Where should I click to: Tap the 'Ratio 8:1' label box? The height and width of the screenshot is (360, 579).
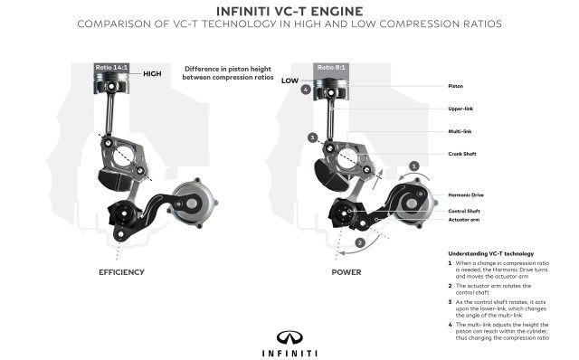point(330,67)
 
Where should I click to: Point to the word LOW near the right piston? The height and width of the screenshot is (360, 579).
point(289,81)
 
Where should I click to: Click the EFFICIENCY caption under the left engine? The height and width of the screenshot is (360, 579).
point(122,270)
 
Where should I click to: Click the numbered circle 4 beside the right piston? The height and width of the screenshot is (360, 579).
point(307,90)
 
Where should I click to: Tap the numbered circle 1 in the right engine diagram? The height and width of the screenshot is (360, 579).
point(413,166)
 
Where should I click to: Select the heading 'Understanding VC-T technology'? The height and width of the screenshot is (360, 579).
point(495,253)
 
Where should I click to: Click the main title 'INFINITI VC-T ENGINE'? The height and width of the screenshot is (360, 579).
point(289,12)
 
